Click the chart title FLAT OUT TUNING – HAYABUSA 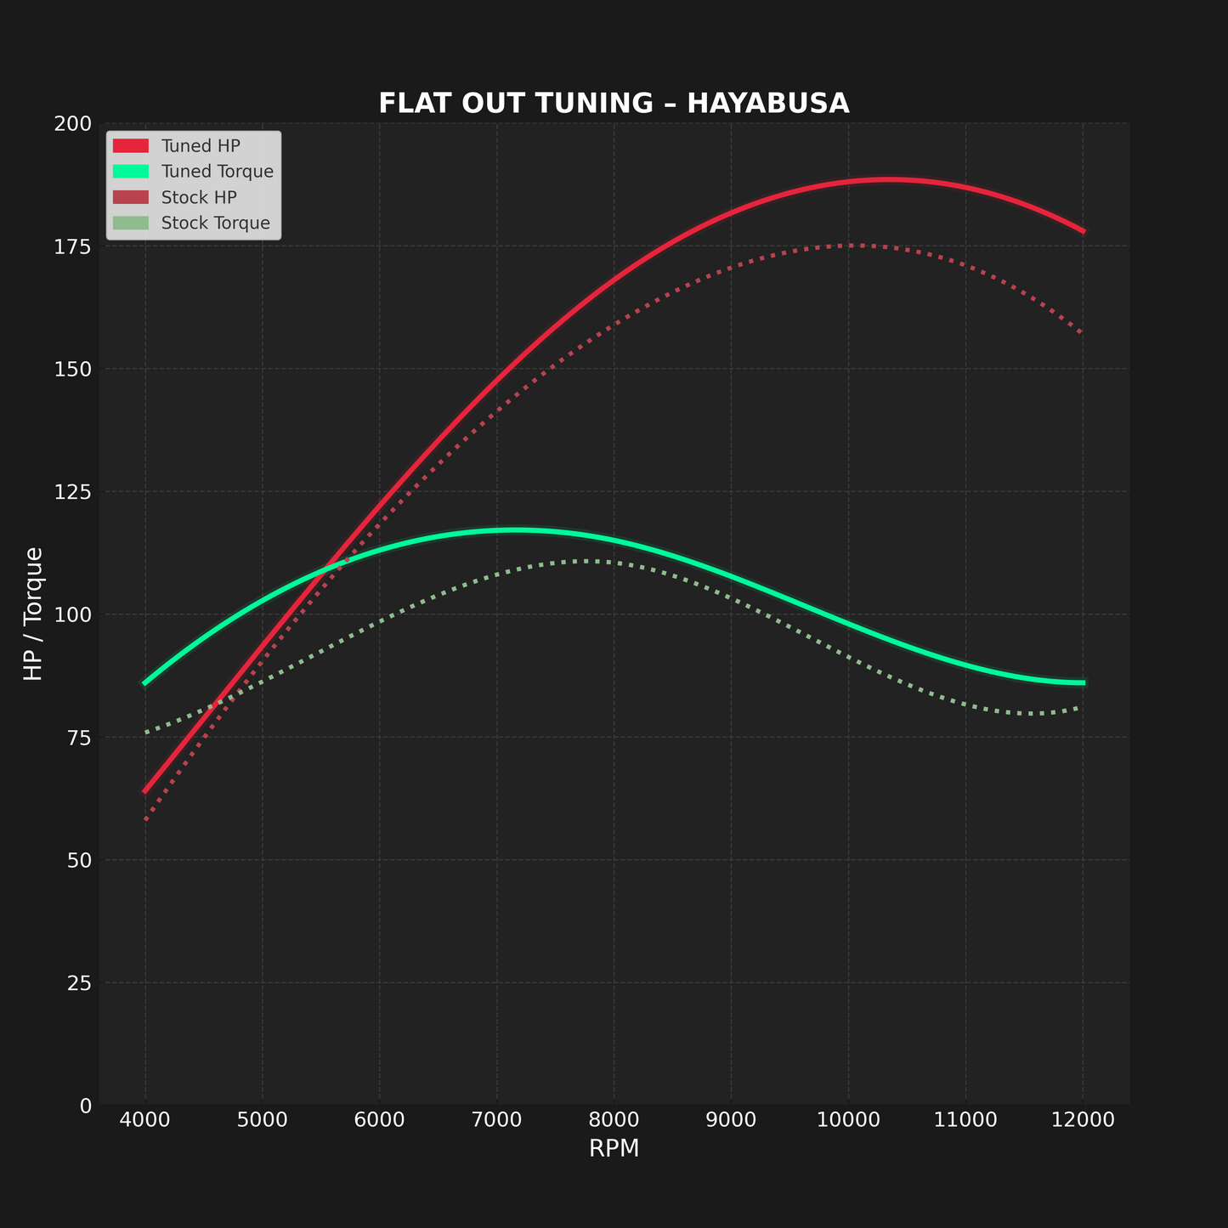pos(614,104)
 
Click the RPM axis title pos(614,1149)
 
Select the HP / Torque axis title pos(33,614)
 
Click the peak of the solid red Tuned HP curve pos(886,179)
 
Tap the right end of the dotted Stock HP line pos(1081,333)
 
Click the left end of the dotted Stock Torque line pos(146,732)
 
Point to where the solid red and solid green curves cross pos(320,574)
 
